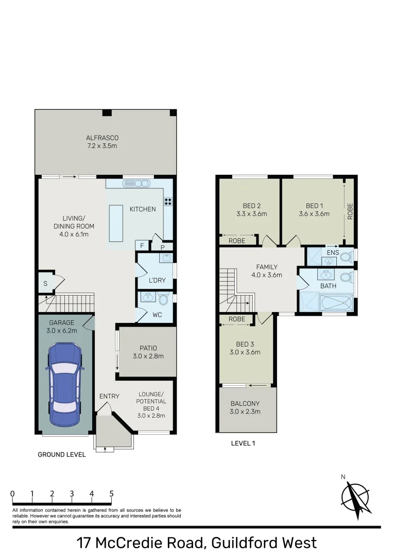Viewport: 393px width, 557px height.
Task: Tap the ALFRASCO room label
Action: (102, 138)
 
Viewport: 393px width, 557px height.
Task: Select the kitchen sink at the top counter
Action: (136, 183)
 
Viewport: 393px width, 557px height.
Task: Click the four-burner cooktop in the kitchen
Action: (168, 202)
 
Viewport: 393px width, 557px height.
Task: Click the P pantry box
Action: (162, 247)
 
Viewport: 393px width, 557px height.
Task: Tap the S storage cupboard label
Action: (45, 283)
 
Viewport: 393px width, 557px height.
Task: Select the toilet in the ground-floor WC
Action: (164, 299)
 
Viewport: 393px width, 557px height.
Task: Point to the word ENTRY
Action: (109, 396)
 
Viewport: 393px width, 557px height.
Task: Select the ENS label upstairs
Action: (333, 253)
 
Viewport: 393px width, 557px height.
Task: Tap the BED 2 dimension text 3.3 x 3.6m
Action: (251, 214)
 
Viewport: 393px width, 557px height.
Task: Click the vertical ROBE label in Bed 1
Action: (350, 211)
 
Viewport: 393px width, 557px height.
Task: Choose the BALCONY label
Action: (245, 403)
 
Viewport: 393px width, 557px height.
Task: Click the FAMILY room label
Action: (267, 267)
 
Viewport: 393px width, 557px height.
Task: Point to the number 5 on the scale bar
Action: (111, 494)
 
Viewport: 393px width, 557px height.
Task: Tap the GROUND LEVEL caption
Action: (62, 454)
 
